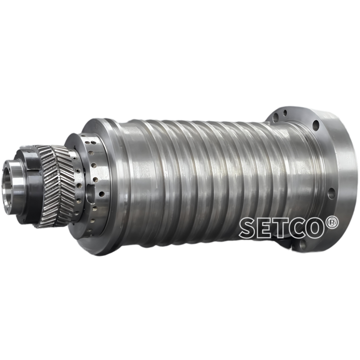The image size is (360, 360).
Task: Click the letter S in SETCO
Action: coord(248,228)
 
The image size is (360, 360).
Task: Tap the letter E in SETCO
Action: coord(266,228)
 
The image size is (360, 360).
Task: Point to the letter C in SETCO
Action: coord(300,228)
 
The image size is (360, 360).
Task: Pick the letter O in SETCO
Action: coord(318,228)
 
